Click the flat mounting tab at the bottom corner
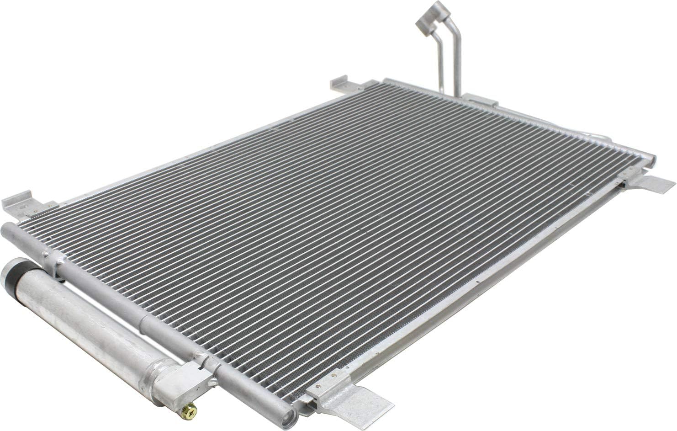pyautogui.click(x=365, y=402)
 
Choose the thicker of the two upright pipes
pyautogui.click(x=456, y=64)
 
